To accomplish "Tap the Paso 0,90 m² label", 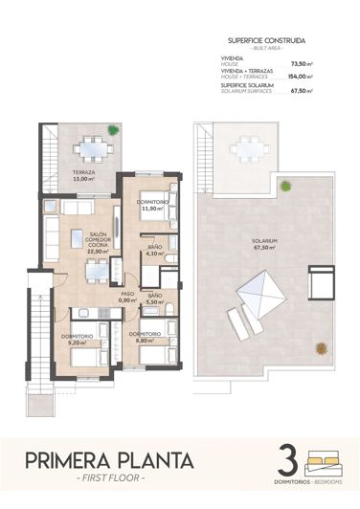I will pyautogui.click(x=127, y=297).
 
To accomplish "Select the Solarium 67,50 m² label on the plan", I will pyautogui.click(x=264, y=243).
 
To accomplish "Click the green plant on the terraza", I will pyautogui.click(x=113, y=129).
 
